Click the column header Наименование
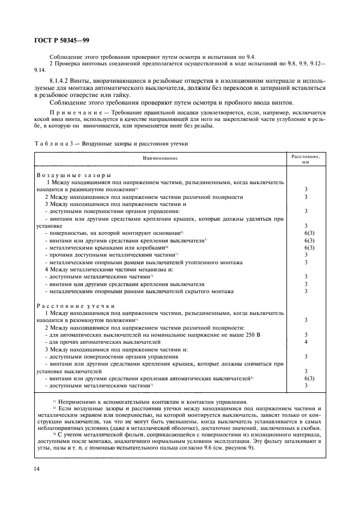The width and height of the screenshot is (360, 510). pos(160,158)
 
